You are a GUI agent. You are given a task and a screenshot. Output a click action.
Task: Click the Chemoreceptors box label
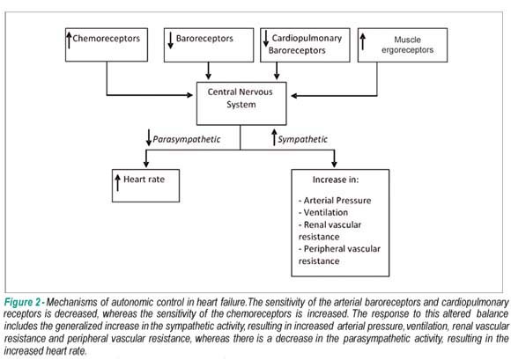[x=107, y=39]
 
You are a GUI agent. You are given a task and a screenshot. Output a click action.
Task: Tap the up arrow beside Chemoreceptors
[x=69, y=40]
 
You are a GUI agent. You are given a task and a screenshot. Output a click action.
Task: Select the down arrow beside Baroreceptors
[x=170, y=40]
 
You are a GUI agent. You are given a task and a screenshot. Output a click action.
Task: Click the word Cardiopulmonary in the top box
[x=307, y=39]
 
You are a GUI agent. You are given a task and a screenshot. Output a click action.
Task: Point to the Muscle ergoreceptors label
[x=407, y=45]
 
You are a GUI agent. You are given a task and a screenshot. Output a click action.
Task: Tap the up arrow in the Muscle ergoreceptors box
[x=363, y=41]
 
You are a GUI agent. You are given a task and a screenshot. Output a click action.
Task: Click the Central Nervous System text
[x=241, y=98]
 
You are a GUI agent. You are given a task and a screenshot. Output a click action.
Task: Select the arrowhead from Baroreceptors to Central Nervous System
[x=208, y=77]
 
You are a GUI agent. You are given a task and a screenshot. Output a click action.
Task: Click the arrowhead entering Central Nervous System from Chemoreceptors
[x=189, y=95]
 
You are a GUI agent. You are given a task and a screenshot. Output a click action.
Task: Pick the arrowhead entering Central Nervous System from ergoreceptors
[x=294, y=96]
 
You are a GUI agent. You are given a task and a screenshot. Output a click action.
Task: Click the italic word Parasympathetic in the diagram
[x=187, y=139]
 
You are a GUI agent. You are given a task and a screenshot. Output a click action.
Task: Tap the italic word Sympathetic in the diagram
[x=302, y=139]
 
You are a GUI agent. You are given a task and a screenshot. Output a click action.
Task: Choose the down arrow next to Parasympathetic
[x=149, y=137]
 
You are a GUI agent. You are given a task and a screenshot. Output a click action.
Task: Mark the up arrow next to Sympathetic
[x=274, y=137]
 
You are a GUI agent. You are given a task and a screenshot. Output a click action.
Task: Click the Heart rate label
[x=144, y=180]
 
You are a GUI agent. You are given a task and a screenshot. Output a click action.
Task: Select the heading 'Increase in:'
[x=336, y=180]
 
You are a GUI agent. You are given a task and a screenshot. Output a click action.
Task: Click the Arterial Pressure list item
[x=335, y=201]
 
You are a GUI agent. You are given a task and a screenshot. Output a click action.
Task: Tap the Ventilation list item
[x=323, y=212]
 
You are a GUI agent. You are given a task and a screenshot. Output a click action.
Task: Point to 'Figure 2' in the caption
[x=22, y=303]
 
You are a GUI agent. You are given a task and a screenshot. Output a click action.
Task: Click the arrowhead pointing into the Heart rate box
[x=146, y=164]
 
